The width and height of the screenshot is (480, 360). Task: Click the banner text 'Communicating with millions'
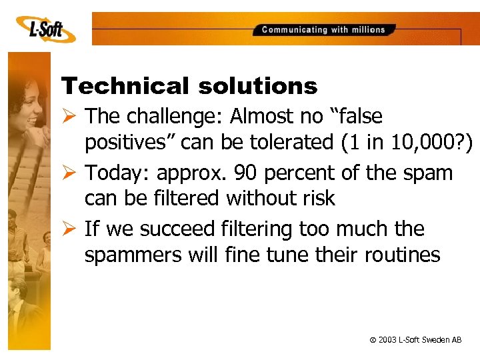point(323,30)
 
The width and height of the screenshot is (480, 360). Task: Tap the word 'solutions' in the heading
point(257,86)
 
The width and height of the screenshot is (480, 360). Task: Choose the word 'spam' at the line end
point(429,173)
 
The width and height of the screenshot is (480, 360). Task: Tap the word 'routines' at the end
point(404,255)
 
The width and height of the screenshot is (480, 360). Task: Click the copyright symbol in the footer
point(373,341)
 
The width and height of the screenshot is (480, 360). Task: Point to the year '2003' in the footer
point(387,340)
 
